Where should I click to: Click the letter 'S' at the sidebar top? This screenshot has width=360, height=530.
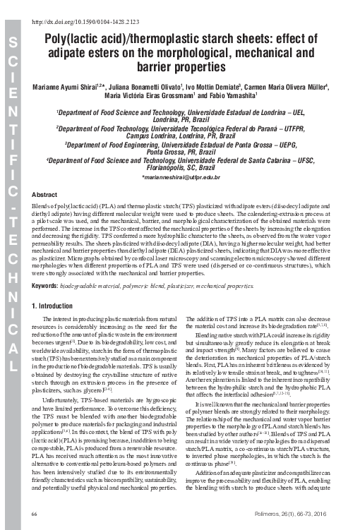[x=13, y=44]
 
